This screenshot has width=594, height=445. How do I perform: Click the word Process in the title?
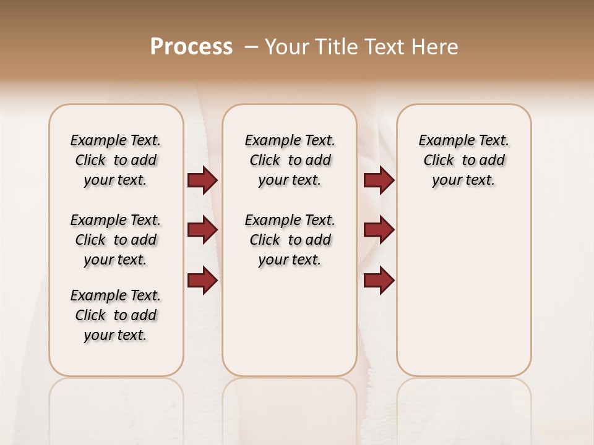tap(191, 47)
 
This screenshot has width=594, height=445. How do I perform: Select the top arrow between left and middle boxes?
tap(202, 180)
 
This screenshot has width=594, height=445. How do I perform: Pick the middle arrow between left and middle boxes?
tap(202, 230)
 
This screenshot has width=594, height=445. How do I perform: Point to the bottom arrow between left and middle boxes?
tap(202, 280)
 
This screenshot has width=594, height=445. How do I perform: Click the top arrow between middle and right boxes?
tap(379, 180)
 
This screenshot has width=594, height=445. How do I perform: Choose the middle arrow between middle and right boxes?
tap(379, 230)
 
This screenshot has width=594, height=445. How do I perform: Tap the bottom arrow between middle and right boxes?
tap(379, 280)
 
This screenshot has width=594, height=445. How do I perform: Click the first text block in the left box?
tap(116, 160)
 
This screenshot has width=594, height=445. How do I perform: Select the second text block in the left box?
tap(116, 240)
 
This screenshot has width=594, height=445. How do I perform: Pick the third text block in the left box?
tap(116, 315)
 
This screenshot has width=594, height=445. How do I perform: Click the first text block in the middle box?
tap(290, 160)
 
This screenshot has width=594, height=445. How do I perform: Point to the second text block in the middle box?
tap(290, 240)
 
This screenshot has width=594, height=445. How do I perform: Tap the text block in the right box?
tap(463, 160)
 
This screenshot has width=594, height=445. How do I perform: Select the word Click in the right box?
tap(439, 161)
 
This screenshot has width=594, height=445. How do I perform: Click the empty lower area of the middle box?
tap(290, 321)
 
